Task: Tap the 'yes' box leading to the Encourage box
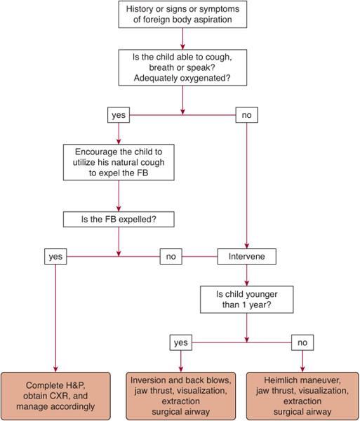119,114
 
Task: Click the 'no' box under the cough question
246,114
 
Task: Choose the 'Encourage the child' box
119,163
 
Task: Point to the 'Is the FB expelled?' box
119,219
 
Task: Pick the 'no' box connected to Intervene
171,257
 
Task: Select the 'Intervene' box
246,257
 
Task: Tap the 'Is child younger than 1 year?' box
246,300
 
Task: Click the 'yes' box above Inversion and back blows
182,342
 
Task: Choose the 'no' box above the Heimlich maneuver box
302,342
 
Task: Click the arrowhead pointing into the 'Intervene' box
246,246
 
